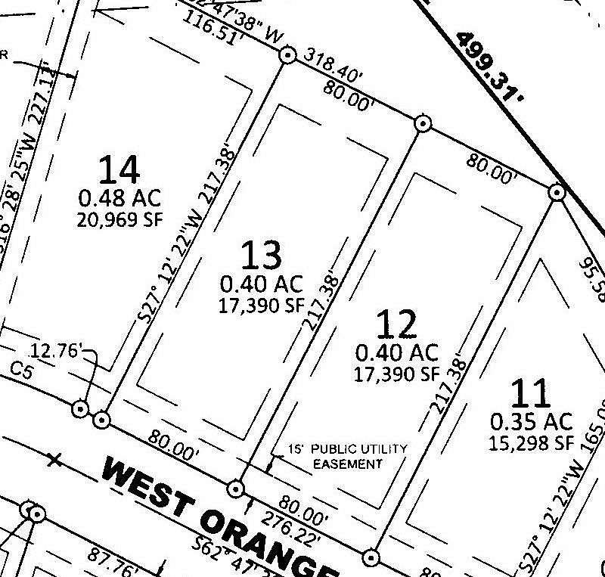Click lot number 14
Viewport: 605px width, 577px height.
(119, 169)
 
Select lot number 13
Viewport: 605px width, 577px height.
(261, 256)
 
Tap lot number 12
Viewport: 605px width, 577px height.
(396, 324)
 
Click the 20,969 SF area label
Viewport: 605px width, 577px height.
(119, 220)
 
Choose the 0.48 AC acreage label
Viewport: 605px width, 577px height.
(119, 199)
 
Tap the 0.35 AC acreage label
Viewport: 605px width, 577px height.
(532, 420)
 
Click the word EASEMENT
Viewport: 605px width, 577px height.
(348, 464)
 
